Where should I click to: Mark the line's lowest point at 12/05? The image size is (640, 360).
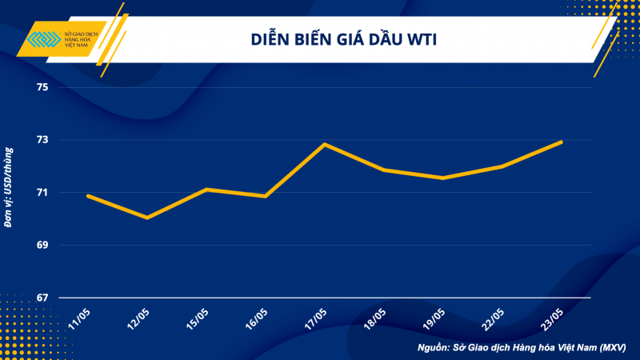click(x=147, y=218)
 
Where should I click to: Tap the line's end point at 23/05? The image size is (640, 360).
click(x=561, y=142)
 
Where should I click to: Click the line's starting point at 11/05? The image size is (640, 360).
click(x=88, y=195)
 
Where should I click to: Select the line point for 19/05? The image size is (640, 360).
click(x=442, y=178)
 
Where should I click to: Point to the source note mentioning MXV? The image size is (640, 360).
click(x=523, y=348)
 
